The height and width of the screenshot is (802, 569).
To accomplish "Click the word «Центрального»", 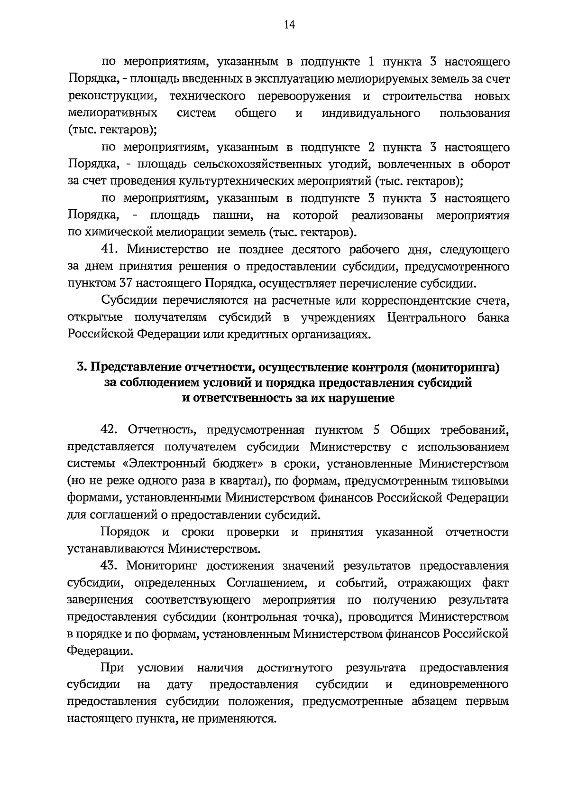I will click(426, 318).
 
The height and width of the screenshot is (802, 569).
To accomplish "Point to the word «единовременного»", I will click(458, 685).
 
